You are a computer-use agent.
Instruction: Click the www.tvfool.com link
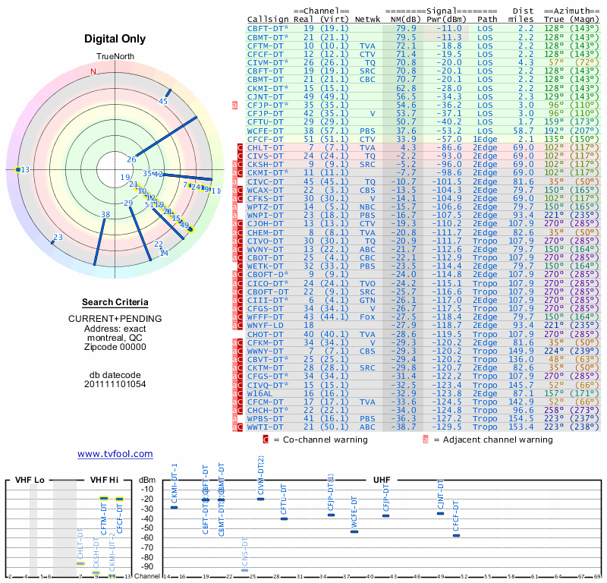point(115,454)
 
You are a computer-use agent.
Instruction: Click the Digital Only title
point(115,39)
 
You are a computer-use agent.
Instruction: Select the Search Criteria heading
point(115,302)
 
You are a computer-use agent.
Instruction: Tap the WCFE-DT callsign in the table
point(266,130)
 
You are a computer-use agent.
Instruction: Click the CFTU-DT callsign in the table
point(266,121)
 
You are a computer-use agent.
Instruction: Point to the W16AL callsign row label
point(260,394)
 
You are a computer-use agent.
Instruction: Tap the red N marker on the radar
point(93,71)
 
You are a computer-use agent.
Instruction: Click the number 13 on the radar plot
point(25,169)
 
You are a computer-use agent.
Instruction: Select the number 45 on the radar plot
point(163,101)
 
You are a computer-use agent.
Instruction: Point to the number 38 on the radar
point(105,215)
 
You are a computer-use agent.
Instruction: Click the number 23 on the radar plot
point(58,238)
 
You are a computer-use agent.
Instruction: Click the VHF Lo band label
point(30,481)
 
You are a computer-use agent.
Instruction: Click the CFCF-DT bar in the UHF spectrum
point(456,535)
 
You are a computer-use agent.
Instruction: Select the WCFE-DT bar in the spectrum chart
point(354,531)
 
